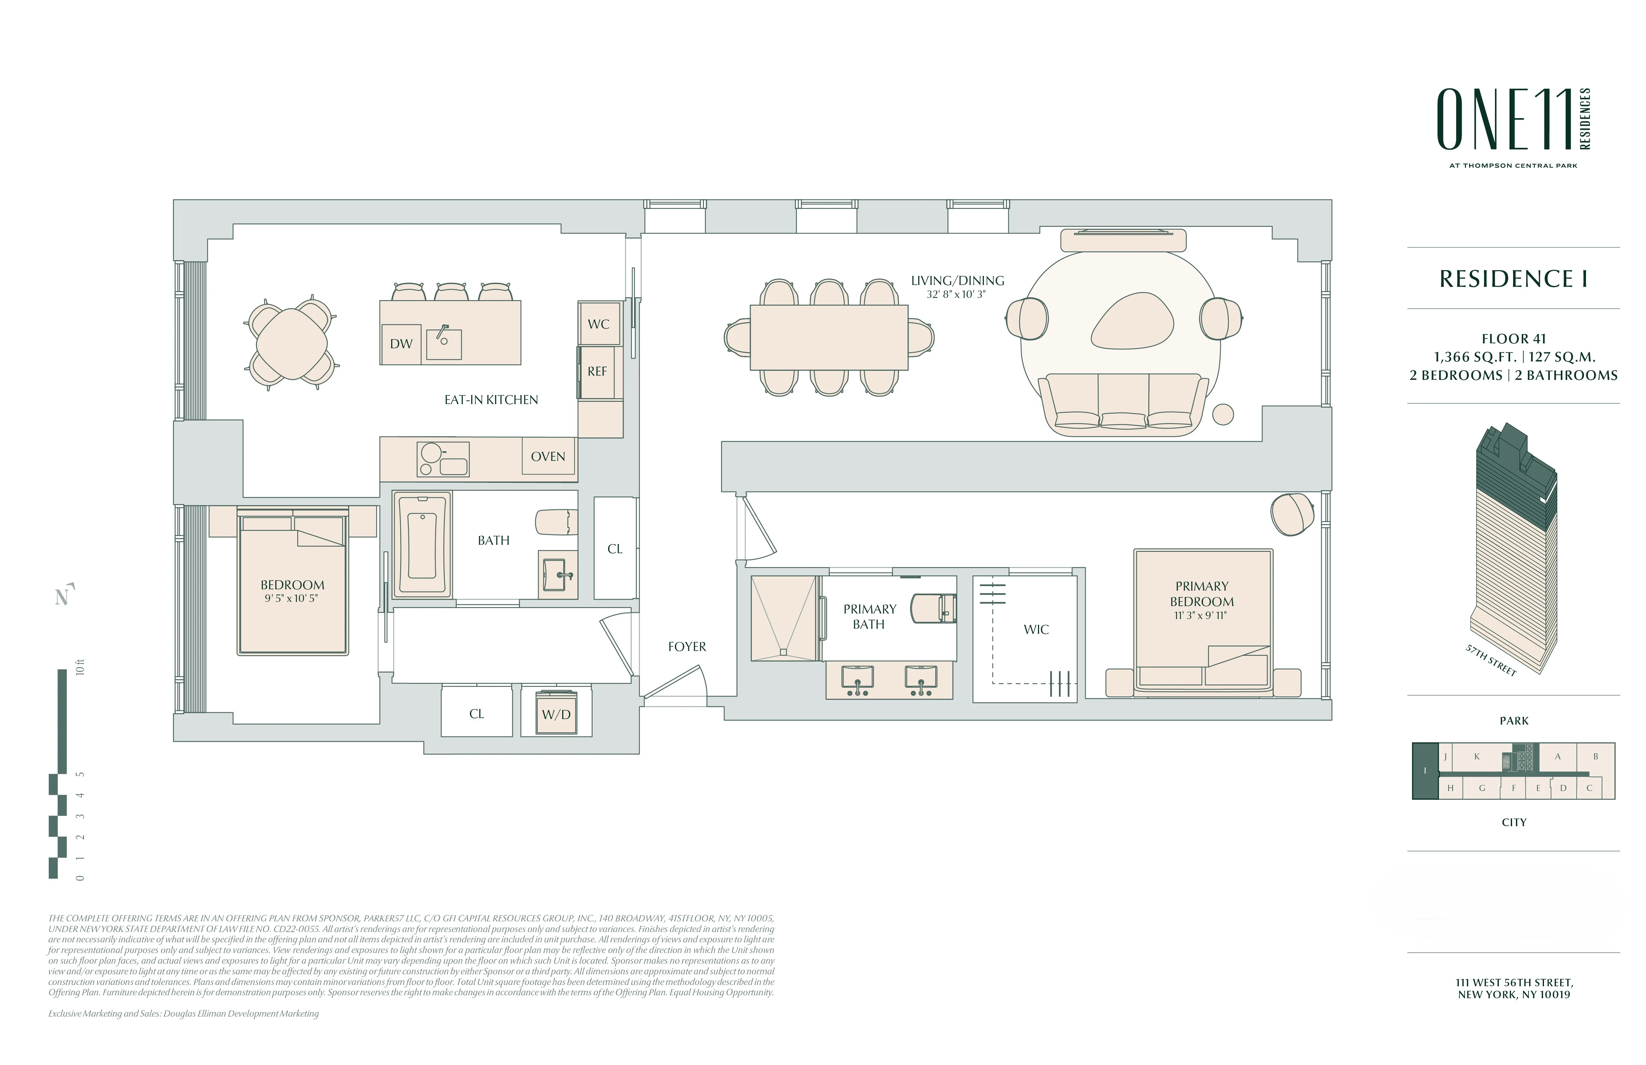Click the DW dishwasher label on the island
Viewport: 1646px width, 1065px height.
coord(401,344)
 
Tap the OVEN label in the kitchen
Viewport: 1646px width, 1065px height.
coord(548,456)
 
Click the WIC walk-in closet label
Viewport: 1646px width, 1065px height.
coord(1036,629)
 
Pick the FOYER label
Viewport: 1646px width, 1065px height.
coord(687,647)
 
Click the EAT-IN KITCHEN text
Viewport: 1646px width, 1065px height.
coord(491,400)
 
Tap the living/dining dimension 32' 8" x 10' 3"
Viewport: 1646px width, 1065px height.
coord(957,295)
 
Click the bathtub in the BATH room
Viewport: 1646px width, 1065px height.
coord(422,545)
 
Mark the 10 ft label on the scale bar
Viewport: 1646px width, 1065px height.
coord(80,668)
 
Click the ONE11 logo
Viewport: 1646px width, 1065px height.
coord(1506,120)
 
